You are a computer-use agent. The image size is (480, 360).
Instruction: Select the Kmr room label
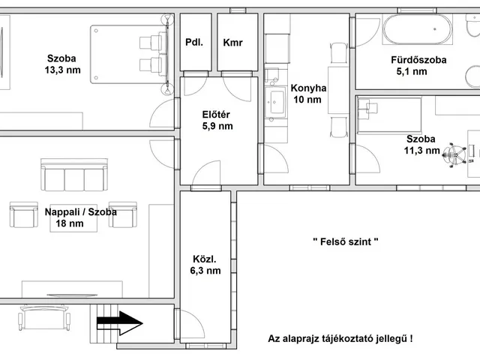[x=233, y=43]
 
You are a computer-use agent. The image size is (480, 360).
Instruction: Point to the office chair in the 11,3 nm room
[x=453, y=153]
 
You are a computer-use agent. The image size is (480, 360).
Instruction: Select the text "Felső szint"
[x=345, y=241]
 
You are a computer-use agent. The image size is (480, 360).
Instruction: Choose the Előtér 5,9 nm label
[x=217, y=120]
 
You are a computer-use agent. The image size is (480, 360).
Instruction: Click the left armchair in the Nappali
[x=24, y=215]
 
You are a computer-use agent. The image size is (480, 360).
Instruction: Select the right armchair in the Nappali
[x=123, y=214]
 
